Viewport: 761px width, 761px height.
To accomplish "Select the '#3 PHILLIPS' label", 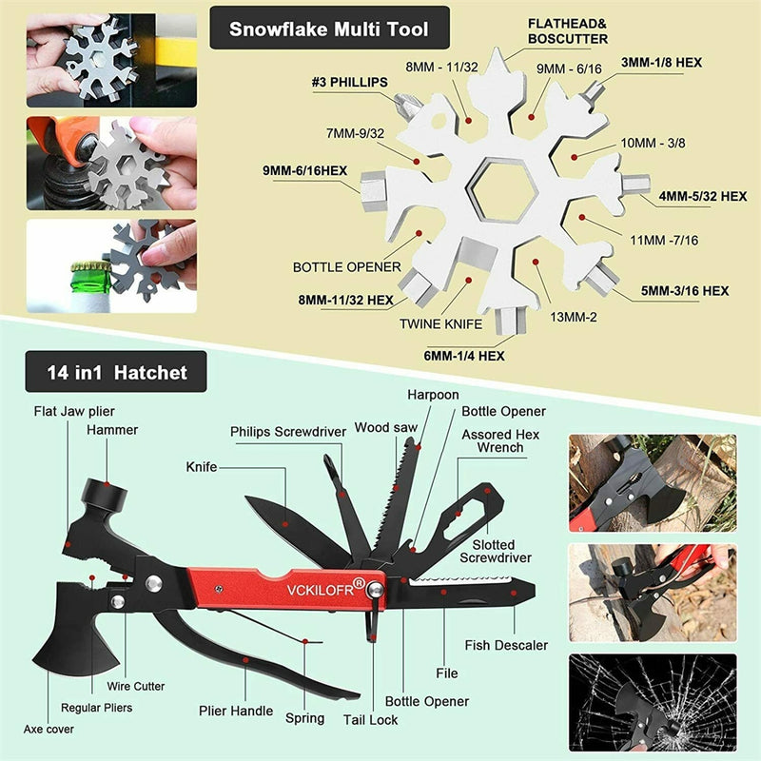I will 350,83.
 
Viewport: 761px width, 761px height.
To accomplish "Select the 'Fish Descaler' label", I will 506,645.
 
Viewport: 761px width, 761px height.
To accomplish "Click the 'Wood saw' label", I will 386,427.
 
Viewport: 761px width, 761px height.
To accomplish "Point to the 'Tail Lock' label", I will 371,720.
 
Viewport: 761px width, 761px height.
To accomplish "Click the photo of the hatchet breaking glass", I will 652,702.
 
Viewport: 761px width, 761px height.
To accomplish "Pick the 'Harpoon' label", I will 433,394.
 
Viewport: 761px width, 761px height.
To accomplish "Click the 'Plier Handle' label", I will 236,711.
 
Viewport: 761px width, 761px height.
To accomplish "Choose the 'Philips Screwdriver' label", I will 287,432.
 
